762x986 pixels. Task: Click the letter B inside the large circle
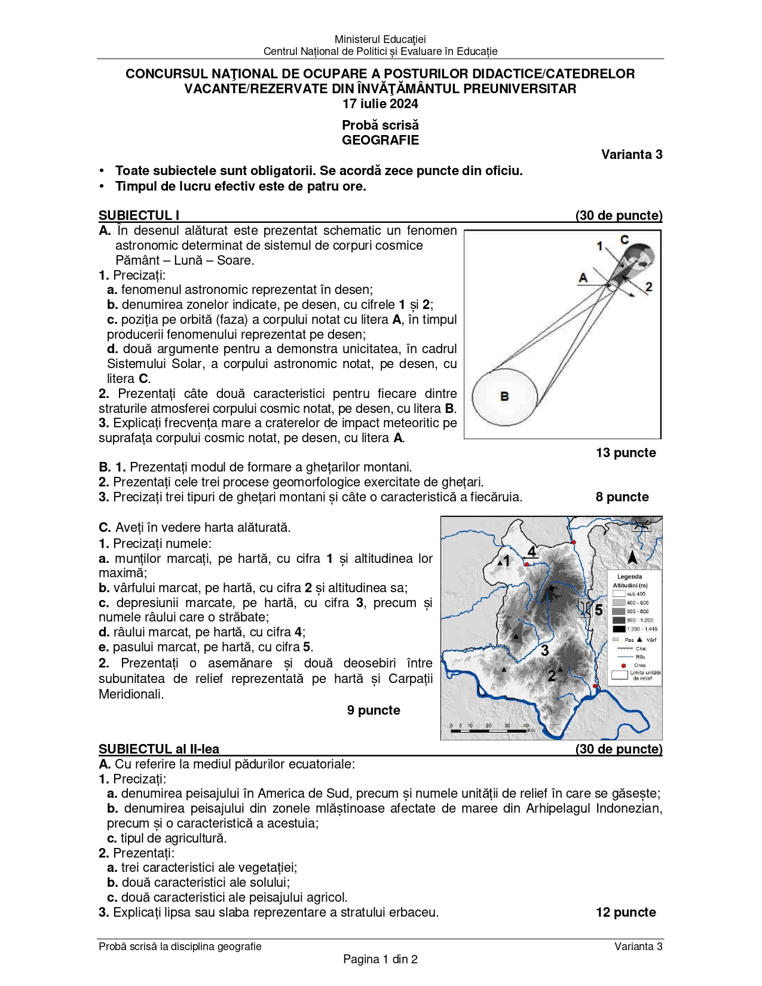[x=504, y=396]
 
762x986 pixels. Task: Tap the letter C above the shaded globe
[x=624, y=240]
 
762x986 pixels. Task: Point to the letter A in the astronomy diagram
[x=583, y=277]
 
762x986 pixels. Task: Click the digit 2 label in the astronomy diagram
[x=648, y=287]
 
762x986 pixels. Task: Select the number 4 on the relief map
[x=531, y=551]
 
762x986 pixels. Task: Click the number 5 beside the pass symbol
[x=598, y=610]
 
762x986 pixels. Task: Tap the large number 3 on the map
[x=544, y=650]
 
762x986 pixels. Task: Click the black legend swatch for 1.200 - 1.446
[x=619, y=629]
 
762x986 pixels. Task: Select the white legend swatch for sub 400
[x=619, y=594]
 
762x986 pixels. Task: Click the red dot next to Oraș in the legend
[x=623, y=665]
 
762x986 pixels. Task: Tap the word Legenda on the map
[x=629, y=577]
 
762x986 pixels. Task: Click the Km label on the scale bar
[x=531, y=730]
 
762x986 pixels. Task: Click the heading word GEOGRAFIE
[x=380, y=140]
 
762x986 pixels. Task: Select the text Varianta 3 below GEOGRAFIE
[x=632, y=155]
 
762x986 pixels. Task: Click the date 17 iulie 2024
[x=380, y=104]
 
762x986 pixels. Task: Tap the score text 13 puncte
[x=625, y=453]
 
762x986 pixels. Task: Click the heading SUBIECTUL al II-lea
[x=159, y=749]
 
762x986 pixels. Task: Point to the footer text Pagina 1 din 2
[x=380, y=960]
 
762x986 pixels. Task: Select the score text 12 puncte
[x=626, y=912]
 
